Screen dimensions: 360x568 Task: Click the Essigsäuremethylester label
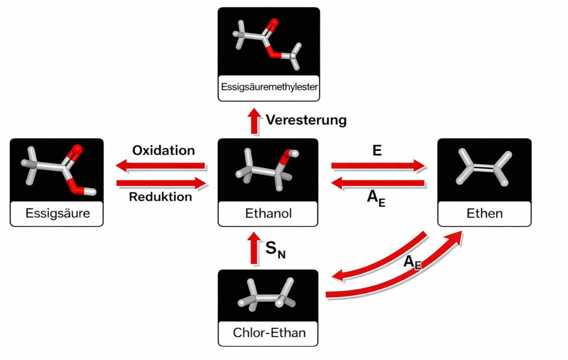(268, 87)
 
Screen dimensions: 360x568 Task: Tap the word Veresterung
(306, 120)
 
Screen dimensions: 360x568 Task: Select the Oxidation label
(164, 150)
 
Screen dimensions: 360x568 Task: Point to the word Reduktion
(161, 196)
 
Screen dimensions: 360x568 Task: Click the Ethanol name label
(268, 214)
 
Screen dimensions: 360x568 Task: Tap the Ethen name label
(484, 214)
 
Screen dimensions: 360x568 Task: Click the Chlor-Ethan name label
(268, 333)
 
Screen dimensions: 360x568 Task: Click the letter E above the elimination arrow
(377, 150)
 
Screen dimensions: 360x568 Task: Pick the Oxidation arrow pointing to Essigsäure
(161, 165)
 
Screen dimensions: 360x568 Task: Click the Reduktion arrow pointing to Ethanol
(161, 182)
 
